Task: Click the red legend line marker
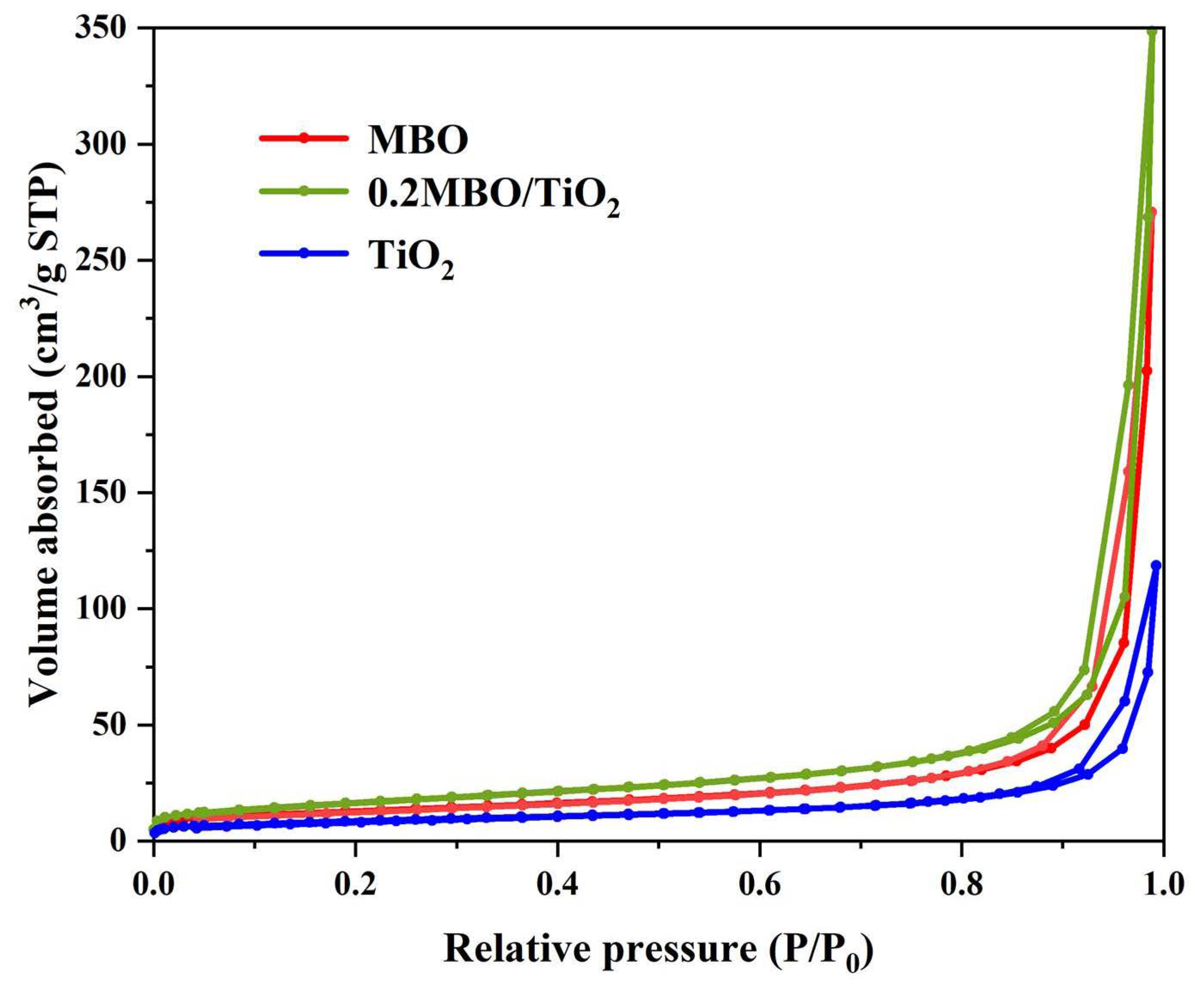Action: pyautogui.click(x=304, y=137)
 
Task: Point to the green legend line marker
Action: pyautogui.click(x=304, y=191)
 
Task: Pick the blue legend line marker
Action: pyautogui.click(x=304, y=253)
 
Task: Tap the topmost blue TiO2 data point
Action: pyautogui.click(x=1156, y=566)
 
